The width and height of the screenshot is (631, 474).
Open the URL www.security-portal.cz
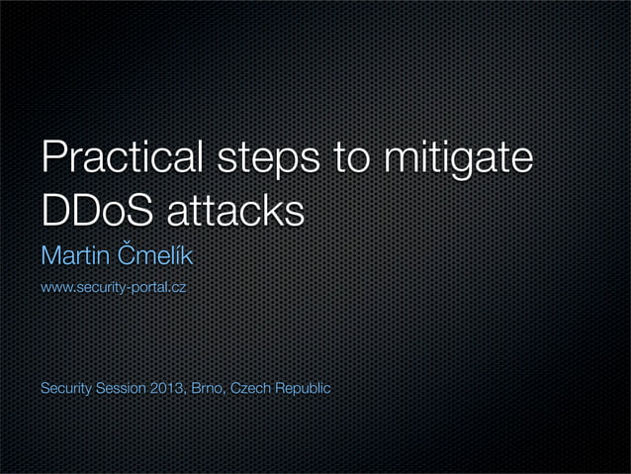[113, 289]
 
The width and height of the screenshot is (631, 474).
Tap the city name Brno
[206, 387]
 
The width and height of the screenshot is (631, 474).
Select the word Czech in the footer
[250, 387]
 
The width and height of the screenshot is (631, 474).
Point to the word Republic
[303, 388]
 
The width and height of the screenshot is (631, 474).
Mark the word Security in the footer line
[64, 387]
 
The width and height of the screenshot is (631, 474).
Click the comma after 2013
[183, 392]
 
